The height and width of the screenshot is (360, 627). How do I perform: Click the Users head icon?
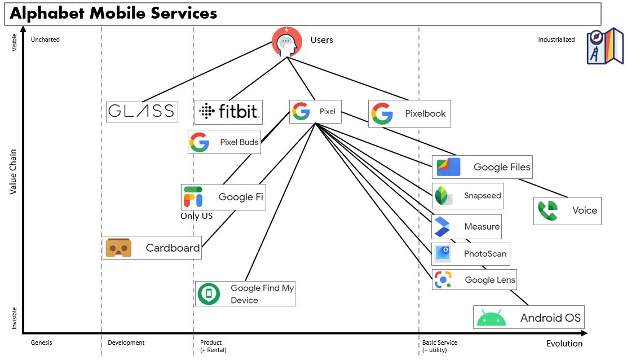click(x=286, y=41)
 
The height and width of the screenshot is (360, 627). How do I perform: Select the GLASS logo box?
click(x=142, y=112)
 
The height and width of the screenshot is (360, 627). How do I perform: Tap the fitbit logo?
click(x=228, y=112)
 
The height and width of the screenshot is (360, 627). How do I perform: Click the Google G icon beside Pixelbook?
click(x=382, y=113)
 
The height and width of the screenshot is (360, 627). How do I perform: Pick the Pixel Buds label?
click(x=239, y=142)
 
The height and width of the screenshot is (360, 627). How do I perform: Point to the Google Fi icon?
click(x=193, y=197)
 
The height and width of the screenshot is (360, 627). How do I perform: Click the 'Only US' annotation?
click(x=196, y=216)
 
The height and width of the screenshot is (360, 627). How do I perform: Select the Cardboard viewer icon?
click(x=119, y=248)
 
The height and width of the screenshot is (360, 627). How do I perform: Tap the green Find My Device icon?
click(x=209, y=294)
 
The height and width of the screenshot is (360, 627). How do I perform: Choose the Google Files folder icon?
click(x=448, y=167)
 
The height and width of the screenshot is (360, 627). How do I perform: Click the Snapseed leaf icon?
click(x=443, y=196)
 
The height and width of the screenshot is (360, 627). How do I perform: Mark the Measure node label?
click(x=482, y=227)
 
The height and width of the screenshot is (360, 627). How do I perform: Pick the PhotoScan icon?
click(x=443, y=254)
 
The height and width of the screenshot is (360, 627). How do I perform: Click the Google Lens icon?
click(x=443, y=280)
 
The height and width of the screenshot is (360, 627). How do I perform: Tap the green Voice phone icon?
click(x=547, y=210)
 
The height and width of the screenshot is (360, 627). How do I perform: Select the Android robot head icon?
click(x=491, y=318)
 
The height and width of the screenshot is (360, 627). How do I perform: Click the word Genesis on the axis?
click(x=42, y=343)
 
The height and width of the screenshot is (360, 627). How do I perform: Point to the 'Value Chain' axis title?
click(x=14, y=172)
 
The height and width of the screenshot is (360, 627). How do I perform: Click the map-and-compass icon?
click(x=605, y=46)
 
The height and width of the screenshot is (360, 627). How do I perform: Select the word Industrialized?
click(x=556, y=39)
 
